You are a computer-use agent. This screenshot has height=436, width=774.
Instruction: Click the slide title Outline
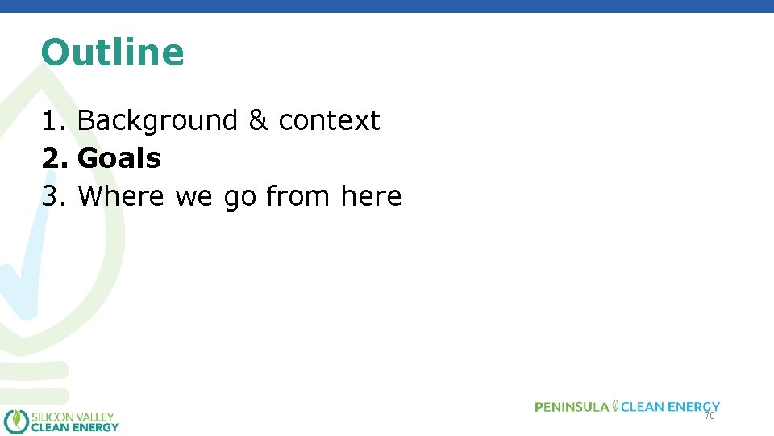click(112, 52)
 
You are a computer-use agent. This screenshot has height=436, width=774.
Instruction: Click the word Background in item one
click(157, 120)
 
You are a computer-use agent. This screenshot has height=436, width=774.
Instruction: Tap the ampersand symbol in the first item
click(258, 120)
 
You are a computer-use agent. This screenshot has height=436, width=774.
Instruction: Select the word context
click(329, 120)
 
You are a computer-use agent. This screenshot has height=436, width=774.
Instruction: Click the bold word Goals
click(119, 158)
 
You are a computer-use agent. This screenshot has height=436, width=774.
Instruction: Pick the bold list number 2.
click(54, 158)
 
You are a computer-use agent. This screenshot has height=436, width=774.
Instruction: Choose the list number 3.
click(53, 196)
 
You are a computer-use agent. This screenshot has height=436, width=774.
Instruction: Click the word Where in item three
click(121, 196)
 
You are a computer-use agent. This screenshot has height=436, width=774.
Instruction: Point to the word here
click(371, 196)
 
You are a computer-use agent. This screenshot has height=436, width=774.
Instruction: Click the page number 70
click(709, 416)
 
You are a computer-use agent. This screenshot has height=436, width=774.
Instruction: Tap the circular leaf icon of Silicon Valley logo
click(16, 421)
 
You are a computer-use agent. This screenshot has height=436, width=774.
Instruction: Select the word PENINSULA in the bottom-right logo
click(572, 407)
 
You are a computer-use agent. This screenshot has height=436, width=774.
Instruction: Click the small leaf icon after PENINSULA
click(616, 405)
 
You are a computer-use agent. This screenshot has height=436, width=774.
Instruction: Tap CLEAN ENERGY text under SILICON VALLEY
click(74, 427)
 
